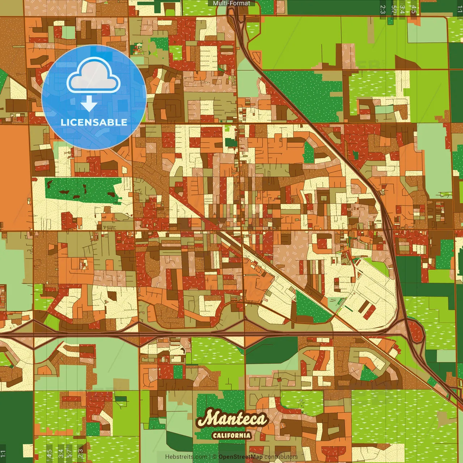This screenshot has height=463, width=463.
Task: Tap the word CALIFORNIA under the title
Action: tap(231, 435)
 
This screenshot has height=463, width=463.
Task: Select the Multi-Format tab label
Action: tap(231, 3)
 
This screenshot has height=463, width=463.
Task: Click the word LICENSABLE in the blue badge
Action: tap(94, 122)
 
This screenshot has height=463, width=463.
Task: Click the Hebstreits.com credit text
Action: tap(186, 457)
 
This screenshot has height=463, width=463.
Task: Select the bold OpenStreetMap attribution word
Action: tap(241, 457)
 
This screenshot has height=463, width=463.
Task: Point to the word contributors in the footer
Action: tap(281, 457)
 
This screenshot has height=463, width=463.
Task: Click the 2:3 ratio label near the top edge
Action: tap(383, 9)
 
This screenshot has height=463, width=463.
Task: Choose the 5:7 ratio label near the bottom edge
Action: tap(69, 453)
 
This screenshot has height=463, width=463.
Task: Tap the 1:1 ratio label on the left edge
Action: tap(3, 453)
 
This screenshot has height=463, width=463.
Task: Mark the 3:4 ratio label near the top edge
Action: tap(402, 9)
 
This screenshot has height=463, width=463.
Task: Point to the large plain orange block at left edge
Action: tap(14, 177)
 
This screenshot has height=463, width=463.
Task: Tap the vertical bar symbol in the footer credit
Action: tap(210, 457)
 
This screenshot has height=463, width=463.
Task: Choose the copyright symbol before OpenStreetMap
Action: tap(214, 457)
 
